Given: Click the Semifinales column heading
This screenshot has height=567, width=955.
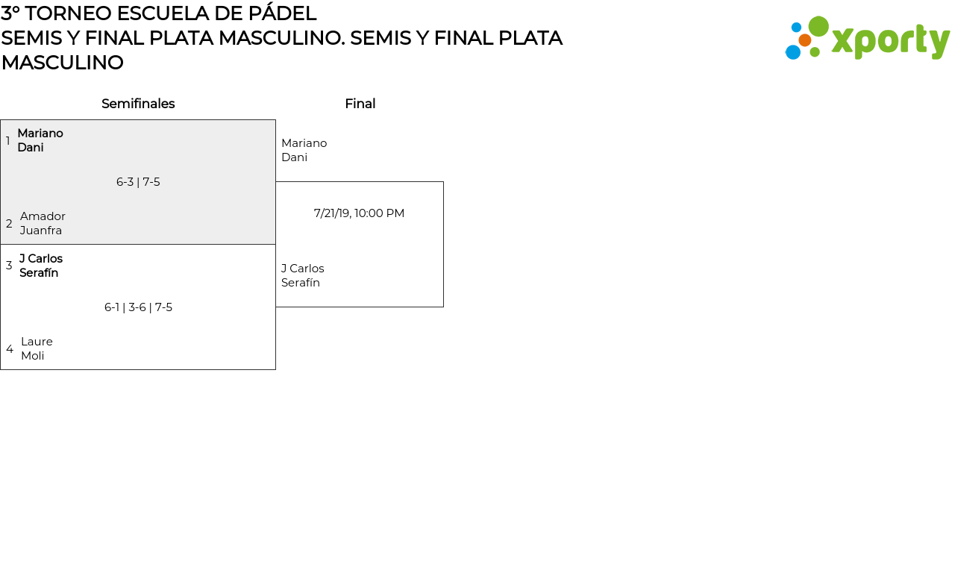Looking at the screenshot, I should point(138,104).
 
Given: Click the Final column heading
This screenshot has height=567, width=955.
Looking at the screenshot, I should point(360,104).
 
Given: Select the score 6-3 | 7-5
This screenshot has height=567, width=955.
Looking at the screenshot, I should point(138,182).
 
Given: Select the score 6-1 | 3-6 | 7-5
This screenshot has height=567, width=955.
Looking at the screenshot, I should point(138,307).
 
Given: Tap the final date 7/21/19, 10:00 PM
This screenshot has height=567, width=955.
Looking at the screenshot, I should point(359,213).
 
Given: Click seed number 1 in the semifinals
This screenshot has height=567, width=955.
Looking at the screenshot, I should point(8,141).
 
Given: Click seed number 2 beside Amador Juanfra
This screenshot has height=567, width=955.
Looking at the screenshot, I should point(9,224).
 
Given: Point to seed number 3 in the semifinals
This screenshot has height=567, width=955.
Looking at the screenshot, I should point(9,266).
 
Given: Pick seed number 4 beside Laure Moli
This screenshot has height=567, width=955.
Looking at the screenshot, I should point(10,349).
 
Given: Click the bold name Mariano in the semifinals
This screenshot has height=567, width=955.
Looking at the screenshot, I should point(40,134).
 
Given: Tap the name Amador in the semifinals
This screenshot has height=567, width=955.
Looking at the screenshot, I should point(43,216).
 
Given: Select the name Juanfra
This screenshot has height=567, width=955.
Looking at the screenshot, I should point(41,231).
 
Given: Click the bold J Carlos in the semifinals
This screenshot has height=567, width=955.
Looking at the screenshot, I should point(41,259).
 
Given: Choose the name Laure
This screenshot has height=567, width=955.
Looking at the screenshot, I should point(37,342).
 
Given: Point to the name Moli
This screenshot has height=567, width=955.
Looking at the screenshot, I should point(33,356).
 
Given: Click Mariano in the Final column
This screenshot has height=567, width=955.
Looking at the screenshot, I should point(304,143).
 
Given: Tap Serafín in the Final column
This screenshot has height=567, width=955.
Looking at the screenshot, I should point(301,283).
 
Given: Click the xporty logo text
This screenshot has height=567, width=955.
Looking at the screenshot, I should point(890,42).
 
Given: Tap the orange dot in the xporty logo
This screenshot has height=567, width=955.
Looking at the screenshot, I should point(805,40).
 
